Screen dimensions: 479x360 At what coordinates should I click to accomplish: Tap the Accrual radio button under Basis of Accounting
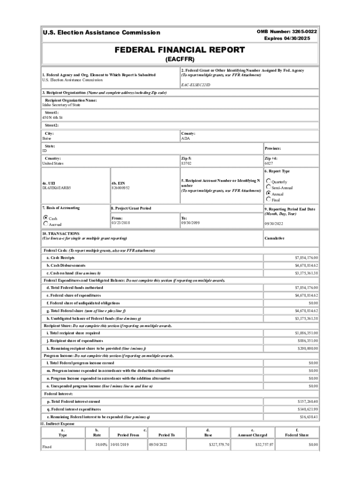click(x=46, y=224)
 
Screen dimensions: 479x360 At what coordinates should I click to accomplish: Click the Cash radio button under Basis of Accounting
click(x=46, y=218)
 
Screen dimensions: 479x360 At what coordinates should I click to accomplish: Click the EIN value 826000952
click(x=121, y=188)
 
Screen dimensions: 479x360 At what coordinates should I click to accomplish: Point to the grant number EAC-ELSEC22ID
click(x=195, y=85)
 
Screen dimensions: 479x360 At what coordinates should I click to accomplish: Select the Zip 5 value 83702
click(x=186, y=164)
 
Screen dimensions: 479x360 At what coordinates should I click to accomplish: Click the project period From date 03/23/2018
click(x=121, y=223)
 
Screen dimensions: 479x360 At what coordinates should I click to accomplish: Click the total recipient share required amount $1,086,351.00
click(x=306, y=333)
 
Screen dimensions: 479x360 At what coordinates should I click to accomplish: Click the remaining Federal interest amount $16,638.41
click(x=309, y=417)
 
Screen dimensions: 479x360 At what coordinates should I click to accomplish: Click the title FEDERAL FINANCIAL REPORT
click(x=180, y=50)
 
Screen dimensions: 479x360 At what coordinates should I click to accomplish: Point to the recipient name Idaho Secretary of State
click(x=61, y=105)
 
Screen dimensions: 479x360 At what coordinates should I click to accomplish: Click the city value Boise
click(x=47, y=139)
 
